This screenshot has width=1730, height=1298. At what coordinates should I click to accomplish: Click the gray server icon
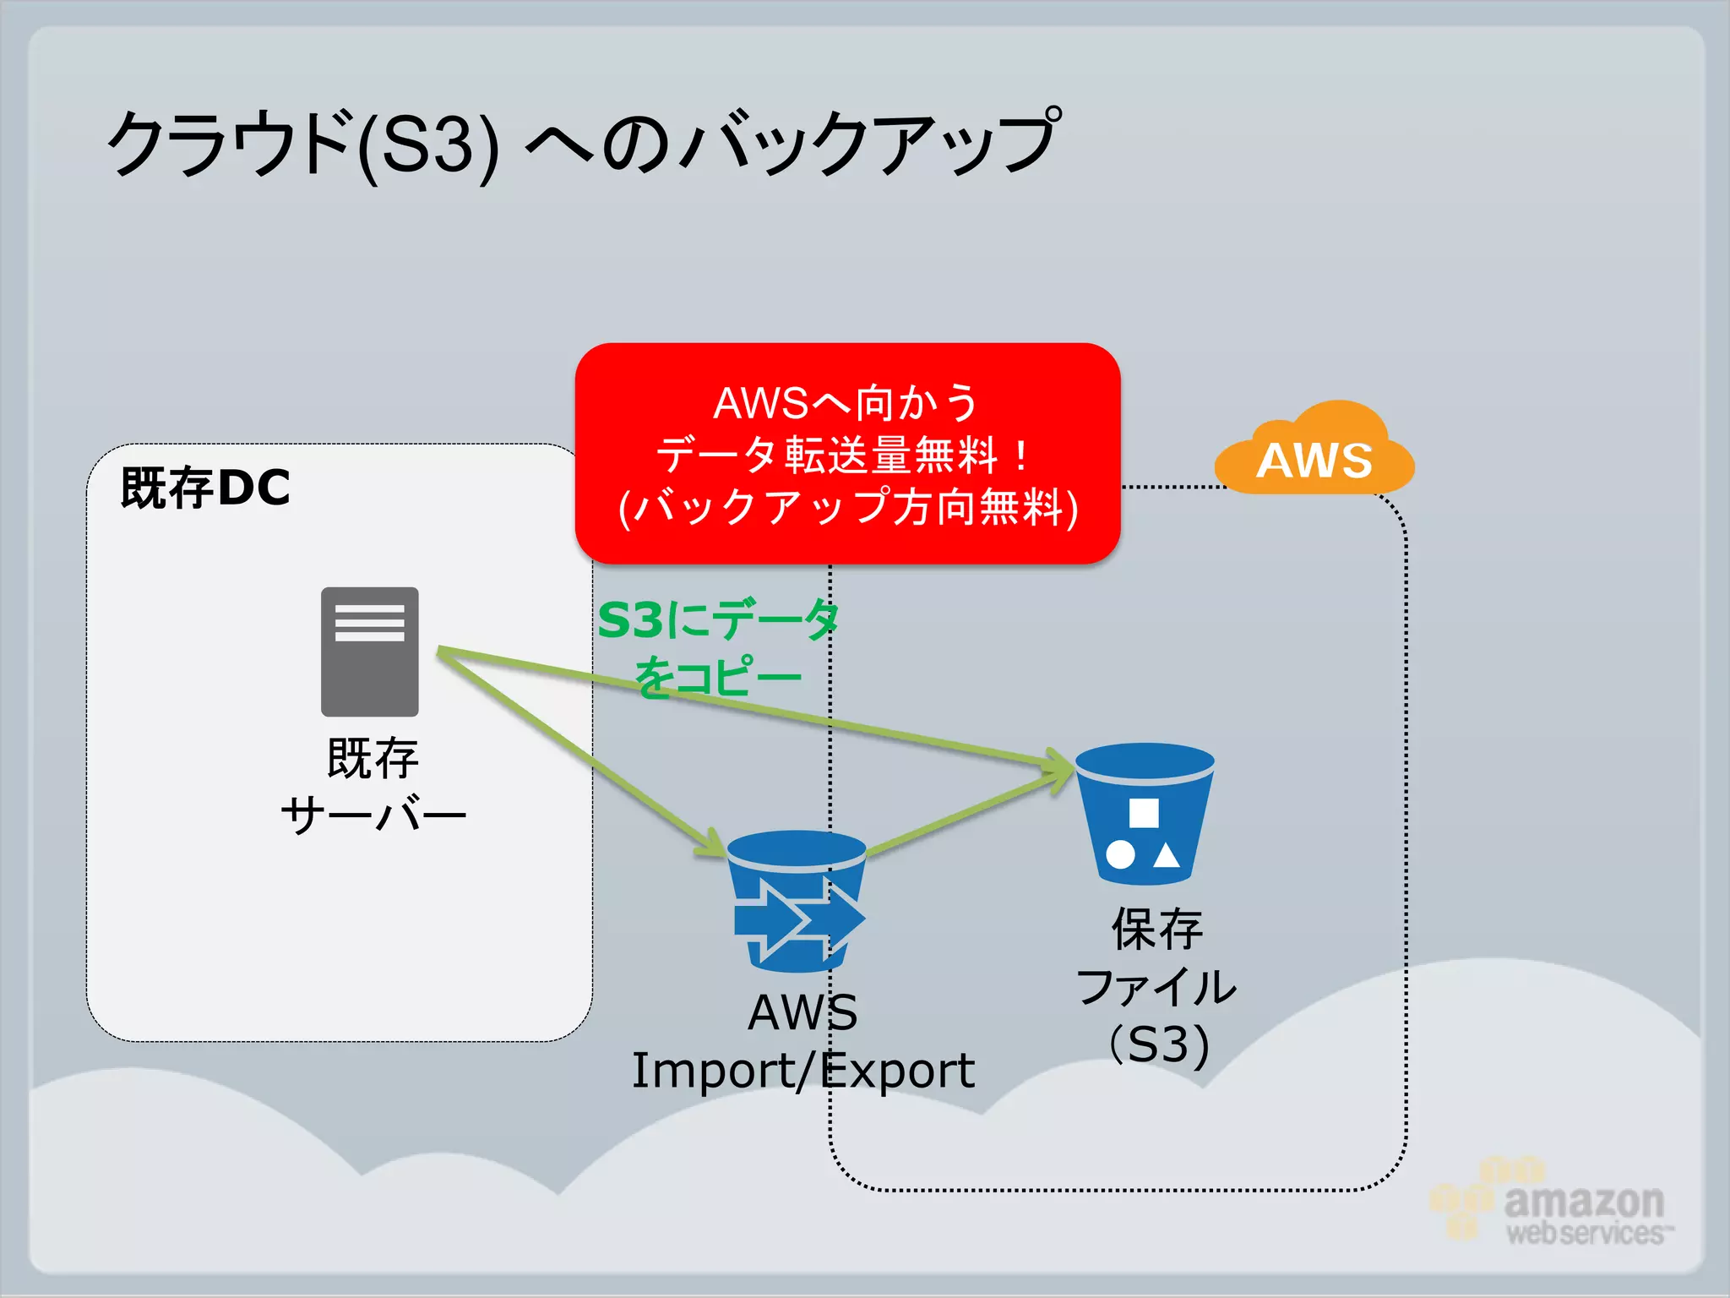coord(369,652)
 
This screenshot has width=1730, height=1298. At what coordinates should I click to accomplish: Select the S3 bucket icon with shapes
coord(1145,813)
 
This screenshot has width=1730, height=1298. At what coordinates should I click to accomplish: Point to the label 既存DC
coord(205,488)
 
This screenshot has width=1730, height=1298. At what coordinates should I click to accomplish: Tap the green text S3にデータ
coord(718,620)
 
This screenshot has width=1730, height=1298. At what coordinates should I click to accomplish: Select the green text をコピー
coord(718,677)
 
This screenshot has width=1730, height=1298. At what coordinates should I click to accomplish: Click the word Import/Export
coord(802,1071)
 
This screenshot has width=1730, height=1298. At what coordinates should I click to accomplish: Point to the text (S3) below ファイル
coord(1159,1044)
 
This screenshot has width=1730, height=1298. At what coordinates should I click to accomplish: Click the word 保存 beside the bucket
coord(1156,930)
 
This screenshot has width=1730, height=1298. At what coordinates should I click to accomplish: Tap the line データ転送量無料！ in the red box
coord(845,455)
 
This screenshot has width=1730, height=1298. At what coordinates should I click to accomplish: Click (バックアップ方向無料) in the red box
coord(848,508)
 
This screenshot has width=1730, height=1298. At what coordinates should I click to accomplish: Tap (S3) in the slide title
coord(428,145)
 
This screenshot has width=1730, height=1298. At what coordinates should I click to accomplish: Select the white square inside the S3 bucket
coord(1144,813)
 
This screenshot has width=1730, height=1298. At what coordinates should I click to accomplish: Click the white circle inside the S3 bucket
coord(1120,854)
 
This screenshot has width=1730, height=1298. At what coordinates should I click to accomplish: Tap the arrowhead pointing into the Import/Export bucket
coord(714,845)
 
